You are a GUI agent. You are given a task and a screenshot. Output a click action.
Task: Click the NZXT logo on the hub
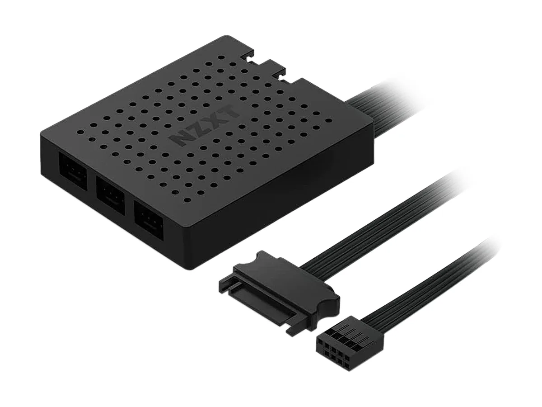(205, 124)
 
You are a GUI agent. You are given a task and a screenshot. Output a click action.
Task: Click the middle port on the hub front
(110, 190)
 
